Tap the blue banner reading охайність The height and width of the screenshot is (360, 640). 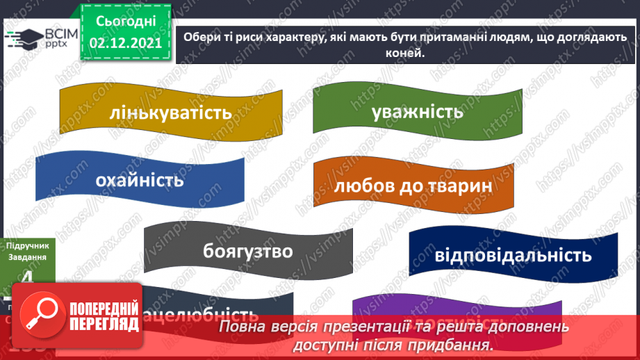click(x=140, y=180)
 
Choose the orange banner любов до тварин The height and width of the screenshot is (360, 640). click(x=413, y=186)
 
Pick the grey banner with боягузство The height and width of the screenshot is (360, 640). click(x=248, y=251)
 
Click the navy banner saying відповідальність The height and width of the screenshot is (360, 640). click(x=512, y=254)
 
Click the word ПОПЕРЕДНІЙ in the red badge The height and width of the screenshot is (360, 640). click(x=104, y=306)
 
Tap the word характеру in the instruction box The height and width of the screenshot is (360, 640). click(x=290, y=38)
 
